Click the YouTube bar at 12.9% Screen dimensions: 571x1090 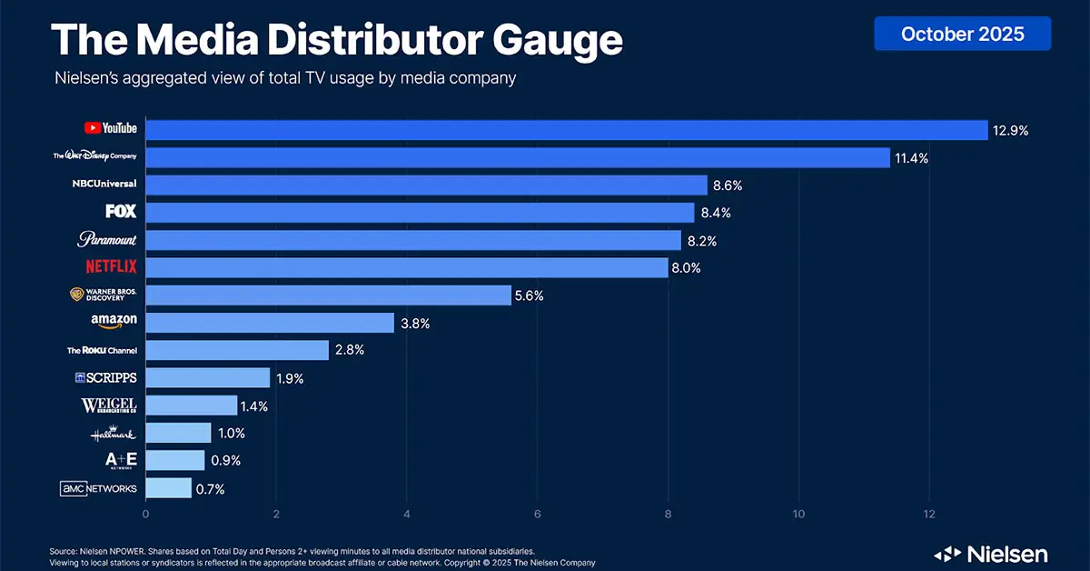[566, 130]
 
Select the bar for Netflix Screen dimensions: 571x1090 [407, 268]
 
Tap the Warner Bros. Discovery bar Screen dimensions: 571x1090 [328, 296]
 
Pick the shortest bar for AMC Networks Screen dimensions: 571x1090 [168, 488]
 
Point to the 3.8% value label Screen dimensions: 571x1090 [415, 323]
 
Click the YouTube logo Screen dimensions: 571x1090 [110, 129]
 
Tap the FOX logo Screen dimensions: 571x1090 [121, 212]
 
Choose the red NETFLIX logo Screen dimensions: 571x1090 [110, 268]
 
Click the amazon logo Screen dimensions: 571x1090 [114, 321]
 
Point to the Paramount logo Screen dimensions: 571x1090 [107, 240]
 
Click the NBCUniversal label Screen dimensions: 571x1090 [104, 185]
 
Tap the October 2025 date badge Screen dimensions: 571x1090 [962, 34]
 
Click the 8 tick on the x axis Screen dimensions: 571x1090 [669, 514]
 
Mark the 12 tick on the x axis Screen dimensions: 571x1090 [929, 514]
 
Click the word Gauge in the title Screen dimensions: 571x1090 [541, 41]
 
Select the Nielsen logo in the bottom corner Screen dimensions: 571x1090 [991, 554]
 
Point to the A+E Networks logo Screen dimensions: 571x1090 [121, 461]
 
